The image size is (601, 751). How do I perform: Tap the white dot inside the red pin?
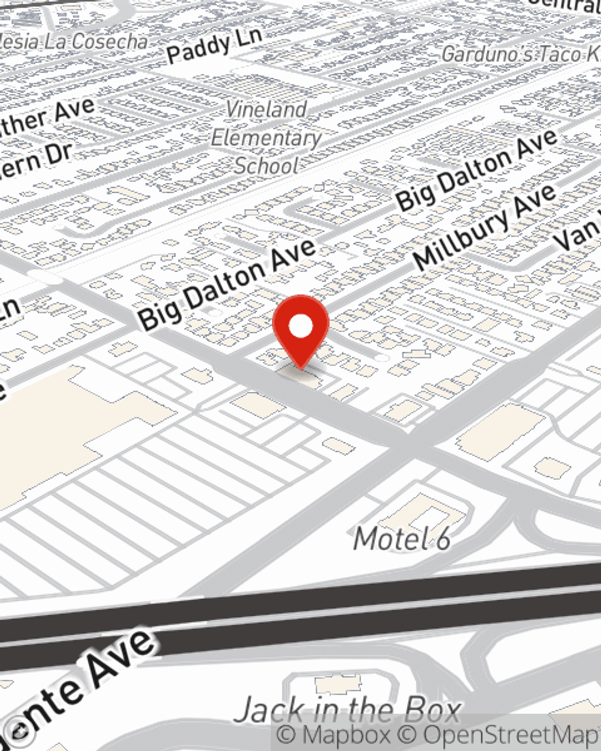[300, 326]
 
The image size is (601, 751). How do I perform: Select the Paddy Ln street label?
[214, 44]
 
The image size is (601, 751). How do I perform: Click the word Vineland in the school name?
[266, 109]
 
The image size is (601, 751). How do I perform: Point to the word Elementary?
[266, 138]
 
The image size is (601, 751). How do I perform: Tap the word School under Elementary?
[266, 165]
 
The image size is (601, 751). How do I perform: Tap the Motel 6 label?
[401, 538]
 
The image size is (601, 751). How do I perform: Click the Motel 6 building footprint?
[423, 511]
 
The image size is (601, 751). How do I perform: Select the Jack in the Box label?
[347, 711]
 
